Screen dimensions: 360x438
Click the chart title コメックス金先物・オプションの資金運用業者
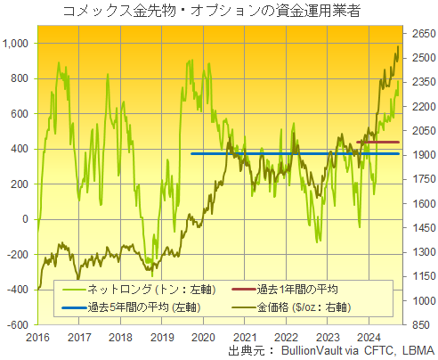(x=218, y=11)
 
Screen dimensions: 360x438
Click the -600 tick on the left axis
(x=18, y=324)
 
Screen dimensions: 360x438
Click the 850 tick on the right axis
(x=416, y=324)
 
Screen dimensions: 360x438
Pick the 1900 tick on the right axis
(x=419, y=154)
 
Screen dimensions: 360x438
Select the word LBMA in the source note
(x=418, y=350)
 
